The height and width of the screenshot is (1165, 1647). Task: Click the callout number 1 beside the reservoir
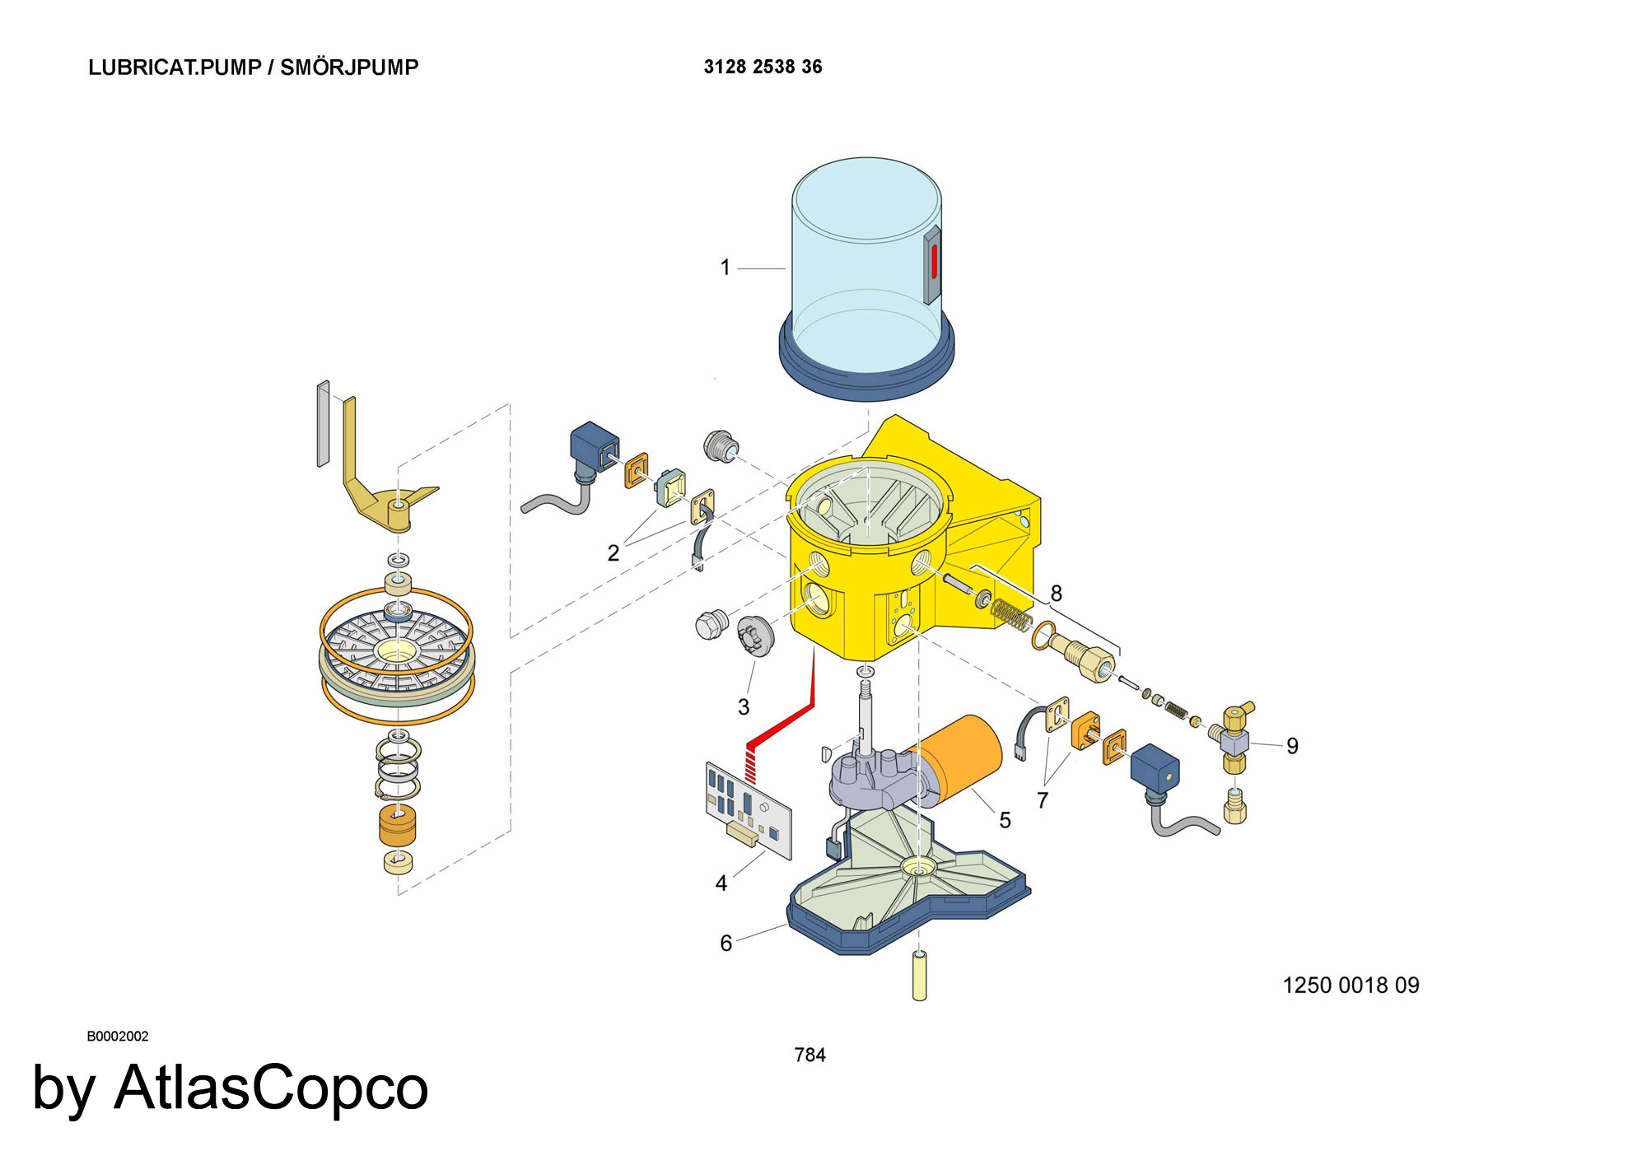click(725, 268)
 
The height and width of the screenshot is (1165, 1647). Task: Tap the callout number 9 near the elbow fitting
click(1292, 746)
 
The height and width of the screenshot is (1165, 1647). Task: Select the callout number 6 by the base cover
click(726, 944)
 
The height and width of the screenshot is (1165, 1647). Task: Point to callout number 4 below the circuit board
click(721, 883)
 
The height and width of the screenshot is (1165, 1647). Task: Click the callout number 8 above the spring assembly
click(1056, 593)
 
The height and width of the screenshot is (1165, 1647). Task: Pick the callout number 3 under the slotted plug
click(744, 706)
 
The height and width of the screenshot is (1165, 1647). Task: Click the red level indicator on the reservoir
click(935, 261)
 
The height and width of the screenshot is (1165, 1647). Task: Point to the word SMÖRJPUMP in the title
click(349, 67)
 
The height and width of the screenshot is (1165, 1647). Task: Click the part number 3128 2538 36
click(763, 67)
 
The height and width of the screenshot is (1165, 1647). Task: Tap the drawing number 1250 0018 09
click(1351, 985)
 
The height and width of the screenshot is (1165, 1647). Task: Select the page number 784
click(810, 1055)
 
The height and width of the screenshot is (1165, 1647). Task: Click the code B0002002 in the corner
click(118, 1037)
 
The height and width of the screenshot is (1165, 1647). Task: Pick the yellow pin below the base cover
click(920, 976)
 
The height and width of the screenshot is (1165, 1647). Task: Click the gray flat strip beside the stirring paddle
click(323, 423)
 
